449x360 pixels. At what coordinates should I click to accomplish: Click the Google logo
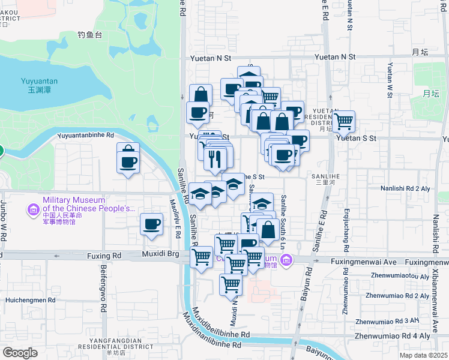pyautogui.click(x=20, y=353)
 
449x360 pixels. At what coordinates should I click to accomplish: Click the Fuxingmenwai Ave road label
pyautogui.click(x=365, y=262)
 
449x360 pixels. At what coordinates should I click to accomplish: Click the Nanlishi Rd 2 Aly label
pyautogui.click(x=414, y=188)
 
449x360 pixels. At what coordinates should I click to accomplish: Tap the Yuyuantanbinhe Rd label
pyautogui.click(x=85, y=136)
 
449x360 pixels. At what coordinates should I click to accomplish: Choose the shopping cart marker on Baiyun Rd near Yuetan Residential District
pyautogui.click(x=344, y=121)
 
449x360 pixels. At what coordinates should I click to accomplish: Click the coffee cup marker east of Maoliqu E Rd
pyautogui.click(x=151, y=225)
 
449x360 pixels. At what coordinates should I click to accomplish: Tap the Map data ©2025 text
pyautogui.click(x=423, y=355)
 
